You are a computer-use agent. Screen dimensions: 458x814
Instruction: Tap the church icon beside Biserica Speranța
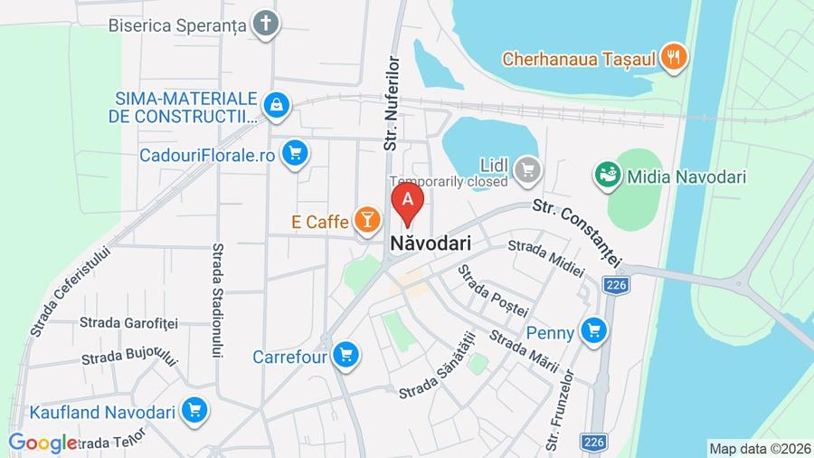265,24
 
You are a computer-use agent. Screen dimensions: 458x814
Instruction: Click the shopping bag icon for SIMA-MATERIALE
278,105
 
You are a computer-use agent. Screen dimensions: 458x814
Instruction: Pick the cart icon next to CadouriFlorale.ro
294,154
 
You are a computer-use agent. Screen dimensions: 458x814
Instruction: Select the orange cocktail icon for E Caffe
366,219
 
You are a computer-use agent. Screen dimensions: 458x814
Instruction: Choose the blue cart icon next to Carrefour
345,356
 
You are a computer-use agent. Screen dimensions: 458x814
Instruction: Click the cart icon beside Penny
593,331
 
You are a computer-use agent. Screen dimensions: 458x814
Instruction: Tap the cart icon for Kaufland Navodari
194,412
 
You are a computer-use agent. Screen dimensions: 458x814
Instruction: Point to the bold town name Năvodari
431,243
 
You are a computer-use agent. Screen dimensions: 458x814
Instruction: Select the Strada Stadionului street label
218,300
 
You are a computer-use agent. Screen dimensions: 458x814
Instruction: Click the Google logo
43,444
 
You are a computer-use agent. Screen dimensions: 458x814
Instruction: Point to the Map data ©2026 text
759,447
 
